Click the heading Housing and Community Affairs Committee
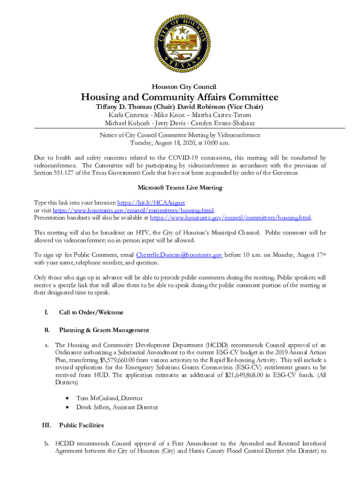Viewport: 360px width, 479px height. (180, 97)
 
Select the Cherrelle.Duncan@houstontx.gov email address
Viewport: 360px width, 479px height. (179, 255)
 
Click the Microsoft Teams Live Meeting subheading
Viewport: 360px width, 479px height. (180, 188)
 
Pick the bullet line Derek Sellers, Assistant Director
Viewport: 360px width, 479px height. (117, 407)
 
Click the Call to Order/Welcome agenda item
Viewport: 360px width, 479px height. (91, 312)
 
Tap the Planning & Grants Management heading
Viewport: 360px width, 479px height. (104, 330)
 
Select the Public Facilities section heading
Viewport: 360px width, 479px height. (81, 425)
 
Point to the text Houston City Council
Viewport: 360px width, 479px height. (180, 87)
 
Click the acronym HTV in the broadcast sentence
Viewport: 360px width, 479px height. (144, 232)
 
